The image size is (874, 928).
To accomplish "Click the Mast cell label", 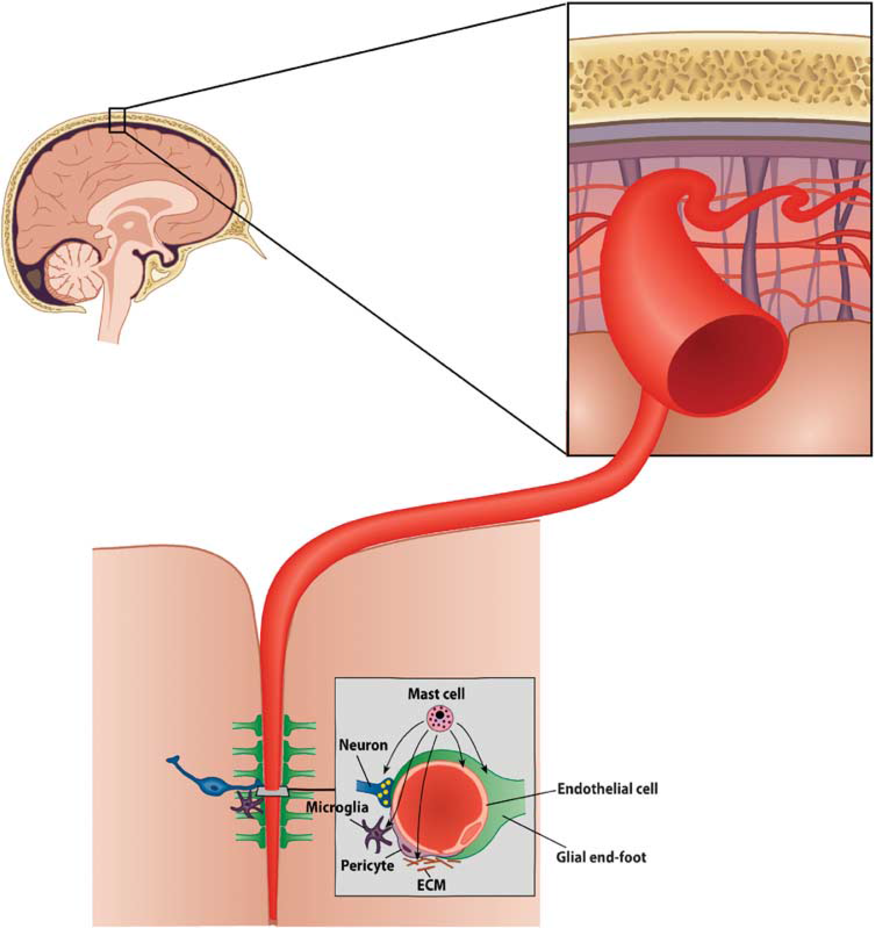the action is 436,693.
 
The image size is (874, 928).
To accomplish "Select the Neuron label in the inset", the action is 363,745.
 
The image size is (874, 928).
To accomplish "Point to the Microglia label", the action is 337,807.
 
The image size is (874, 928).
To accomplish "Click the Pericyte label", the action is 367,866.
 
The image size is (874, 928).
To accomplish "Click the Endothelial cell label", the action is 607,789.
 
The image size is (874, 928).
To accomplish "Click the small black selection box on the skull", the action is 117,120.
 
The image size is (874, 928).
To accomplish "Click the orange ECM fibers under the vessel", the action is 433,863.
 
